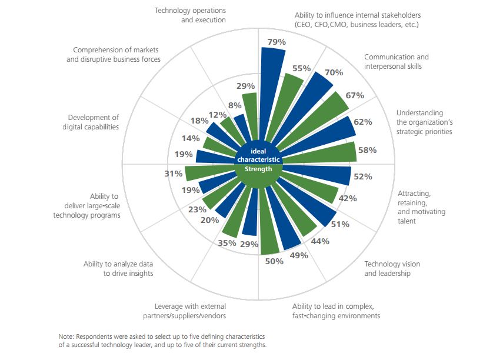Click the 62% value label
pyautogui.click(x=362, y=122)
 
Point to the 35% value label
pyautogui.click(x=228, y=243)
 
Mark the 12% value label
pyautogui.click(x=218, y=114)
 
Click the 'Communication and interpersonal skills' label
pyautogui.click(x=397, y=62)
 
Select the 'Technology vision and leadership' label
pyautogui.click(x=392, y=269)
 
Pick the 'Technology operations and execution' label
pyautogui.click(x=190, y=15)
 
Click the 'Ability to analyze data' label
pyautogui.click(x=118, y=269)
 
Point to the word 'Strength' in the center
pyautogui.click(x=258, y=169)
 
